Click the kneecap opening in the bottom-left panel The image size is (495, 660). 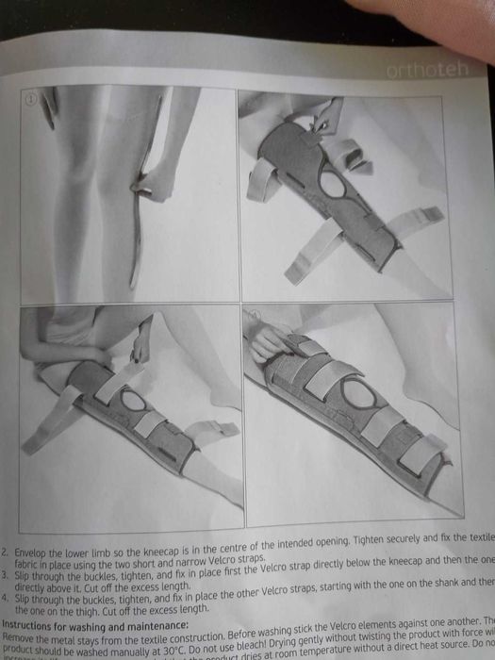point(133,400)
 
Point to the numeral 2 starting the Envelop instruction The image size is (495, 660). point(6,546)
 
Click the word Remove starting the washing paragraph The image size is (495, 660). point(21,635)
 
